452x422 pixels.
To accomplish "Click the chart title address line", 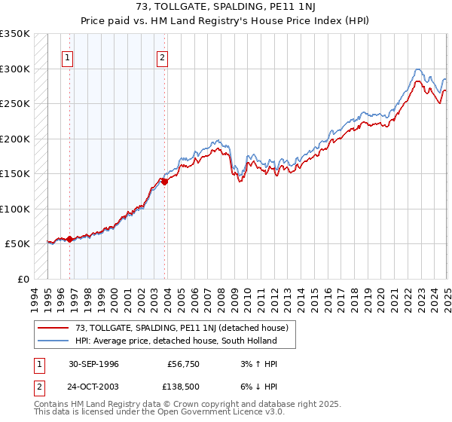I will [x=226, y=7].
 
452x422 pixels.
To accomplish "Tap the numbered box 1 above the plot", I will [x=68, y=57].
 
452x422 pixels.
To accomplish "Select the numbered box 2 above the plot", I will [x=163, y=57].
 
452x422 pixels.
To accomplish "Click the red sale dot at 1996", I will [x=70, y=239].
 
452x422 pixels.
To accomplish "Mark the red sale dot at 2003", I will [x=165, y=182].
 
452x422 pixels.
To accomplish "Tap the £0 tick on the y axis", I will [x=24, y=279].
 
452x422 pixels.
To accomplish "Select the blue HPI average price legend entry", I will [x=176, y=341].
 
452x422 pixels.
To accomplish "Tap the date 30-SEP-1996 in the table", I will [x=93, y=364].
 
